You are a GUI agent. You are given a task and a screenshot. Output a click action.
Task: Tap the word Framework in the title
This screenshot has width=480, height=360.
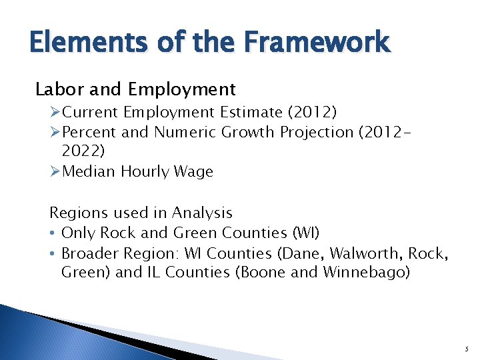tap(318, 42)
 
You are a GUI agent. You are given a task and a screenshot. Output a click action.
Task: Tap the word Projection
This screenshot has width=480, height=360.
tap(317, 132)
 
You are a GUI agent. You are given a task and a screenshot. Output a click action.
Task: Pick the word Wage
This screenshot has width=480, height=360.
tap(195, 171)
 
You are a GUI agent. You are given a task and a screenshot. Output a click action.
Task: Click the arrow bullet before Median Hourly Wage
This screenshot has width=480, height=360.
tap(55, 172)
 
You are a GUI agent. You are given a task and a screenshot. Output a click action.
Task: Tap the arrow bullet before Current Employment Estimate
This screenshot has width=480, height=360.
tap(55, 112)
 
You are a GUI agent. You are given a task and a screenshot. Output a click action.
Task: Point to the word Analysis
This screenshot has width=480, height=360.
tap(202, 213)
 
